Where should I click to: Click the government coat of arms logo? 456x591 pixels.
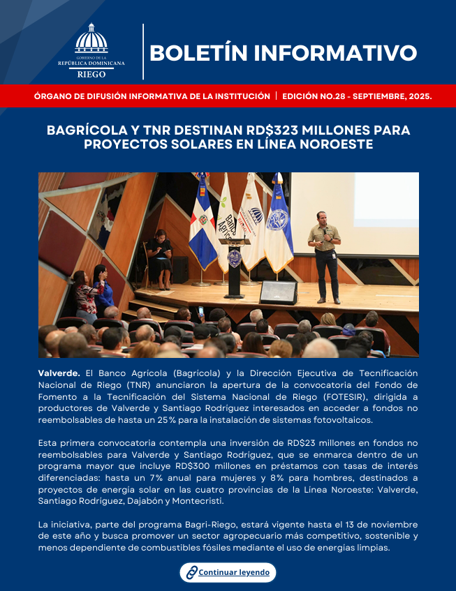tap(91, 40)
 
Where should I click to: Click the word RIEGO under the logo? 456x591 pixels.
tap(91, 72)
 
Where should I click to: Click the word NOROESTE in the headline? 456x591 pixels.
tap(336, 144)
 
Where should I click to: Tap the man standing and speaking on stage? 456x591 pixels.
tap(325, 254)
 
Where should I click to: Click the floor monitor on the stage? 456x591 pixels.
tap(279, 292)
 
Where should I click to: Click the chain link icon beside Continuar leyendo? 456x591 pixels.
tap(191, 573)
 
